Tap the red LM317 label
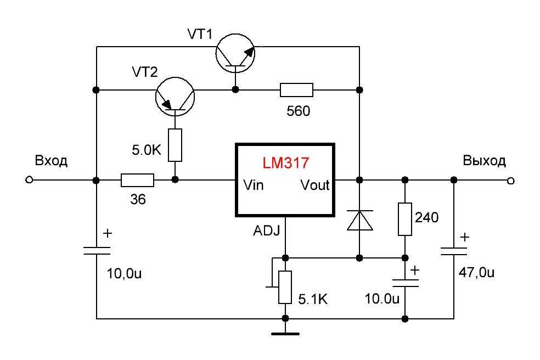tap(286, 163)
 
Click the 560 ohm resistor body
tap(296, 90)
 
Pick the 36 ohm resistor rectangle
tap(137, 180)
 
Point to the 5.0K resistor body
tap(175, 145)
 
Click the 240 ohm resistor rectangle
tap(405, 220)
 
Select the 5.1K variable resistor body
tap(285, 288)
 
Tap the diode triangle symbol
tap(359, 220)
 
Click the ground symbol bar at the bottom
tap(285, 334)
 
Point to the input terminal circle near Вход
tap(29, 180)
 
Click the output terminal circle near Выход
tap(511, 181)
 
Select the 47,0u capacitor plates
tap(454, 251)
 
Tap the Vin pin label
tap(254, 185)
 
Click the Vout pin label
tap(315, 185)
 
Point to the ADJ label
tap(267, 230)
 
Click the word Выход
tap(484, 161)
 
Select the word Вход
tap(51, 161)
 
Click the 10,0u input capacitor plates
tap(97, 250)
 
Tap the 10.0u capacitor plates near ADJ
tap(406, 283)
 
